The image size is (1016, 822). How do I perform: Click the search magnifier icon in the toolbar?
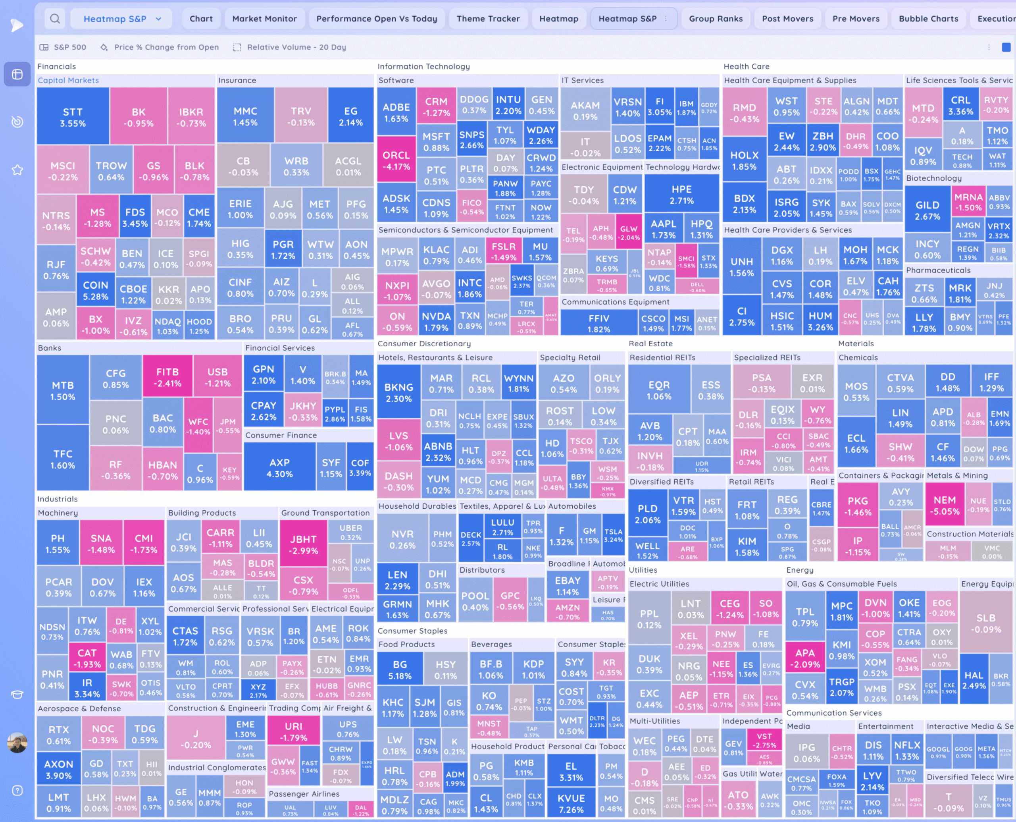pos(55,19)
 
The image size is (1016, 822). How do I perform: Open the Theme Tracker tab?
pos(488,19)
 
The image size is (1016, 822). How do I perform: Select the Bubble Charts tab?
pos(928,19)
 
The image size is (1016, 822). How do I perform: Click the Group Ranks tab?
pos(715,19)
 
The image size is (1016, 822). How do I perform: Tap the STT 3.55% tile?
pos(73,117)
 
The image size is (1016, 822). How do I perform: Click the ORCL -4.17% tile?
pos(396,160)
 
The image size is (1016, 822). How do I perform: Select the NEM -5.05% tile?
pos(944,505)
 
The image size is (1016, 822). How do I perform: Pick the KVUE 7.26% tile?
pos(571,803)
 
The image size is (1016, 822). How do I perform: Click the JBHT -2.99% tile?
pos(303,544)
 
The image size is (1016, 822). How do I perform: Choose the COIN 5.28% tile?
pos(96,290)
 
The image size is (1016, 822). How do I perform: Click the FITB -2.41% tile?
pos(167,377)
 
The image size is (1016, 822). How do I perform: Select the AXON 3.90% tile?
pos(59,769)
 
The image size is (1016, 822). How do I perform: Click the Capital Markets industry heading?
pos(68,81)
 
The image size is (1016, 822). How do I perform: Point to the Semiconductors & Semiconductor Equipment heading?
pos(465,230)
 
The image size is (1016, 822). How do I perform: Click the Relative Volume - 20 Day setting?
pos(296,47)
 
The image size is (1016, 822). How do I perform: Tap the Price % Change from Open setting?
pos(166,47)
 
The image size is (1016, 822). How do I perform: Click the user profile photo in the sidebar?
pos(17,743)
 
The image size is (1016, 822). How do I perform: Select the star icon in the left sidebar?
pos(17,170)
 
